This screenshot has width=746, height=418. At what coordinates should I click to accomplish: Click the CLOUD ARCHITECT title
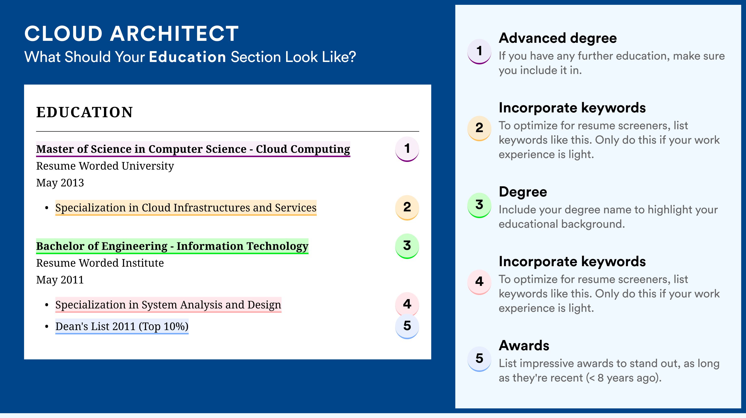click(x=131, y=34)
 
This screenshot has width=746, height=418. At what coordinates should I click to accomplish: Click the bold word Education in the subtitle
click(x=187, y=57)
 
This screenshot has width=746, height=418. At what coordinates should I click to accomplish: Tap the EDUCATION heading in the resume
click(x=84, y=112)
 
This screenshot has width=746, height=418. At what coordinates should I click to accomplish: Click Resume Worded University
click(x=105, y=166)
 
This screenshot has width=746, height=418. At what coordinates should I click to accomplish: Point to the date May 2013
click(x=60, y=183)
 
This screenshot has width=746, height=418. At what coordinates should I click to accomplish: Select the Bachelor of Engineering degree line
click(x=172, y=246)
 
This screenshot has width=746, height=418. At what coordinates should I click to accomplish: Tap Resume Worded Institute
click(x=100, y=263)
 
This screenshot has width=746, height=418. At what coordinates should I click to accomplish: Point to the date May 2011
click(x=60, y=280)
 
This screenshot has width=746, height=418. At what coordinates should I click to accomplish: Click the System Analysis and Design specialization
click(x=168, y=305)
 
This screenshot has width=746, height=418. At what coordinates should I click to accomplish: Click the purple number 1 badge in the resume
click(x=407, y=149)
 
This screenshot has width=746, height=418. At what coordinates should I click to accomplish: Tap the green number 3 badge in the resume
click(x=407, y=246)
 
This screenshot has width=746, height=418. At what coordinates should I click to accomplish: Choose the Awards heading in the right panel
click(x=524, y=345)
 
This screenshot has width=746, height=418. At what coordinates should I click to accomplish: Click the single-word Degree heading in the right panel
click(x=523, y=192)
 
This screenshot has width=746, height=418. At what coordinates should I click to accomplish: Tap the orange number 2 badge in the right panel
click(x=479, y=128)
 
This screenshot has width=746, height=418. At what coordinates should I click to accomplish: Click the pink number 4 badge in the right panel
click(x=479, y=282)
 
